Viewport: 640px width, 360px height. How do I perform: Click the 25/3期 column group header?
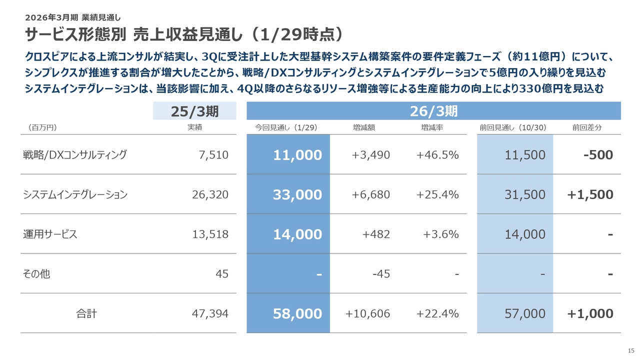195,111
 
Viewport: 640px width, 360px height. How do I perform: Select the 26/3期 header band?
433,111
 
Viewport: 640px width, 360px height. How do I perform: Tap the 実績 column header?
194,127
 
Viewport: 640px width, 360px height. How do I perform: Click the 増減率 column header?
432,127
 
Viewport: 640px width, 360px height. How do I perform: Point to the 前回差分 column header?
587,127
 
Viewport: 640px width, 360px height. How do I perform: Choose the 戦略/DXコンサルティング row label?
74,154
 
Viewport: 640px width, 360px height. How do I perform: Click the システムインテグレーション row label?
75,194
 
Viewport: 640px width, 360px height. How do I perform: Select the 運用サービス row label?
50,234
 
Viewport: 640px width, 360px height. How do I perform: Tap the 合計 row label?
86,313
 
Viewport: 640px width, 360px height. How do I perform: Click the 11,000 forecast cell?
297,155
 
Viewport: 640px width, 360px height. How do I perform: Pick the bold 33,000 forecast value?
297,194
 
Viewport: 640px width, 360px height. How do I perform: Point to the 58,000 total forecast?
297,313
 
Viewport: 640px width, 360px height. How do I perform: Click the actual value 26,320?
210,194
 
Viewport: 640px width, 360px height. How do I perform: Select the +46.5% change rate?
437,155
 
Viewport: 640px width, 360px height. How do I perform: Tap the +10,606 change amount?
367,313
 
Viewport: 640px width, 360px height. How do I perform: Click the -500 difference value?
598,155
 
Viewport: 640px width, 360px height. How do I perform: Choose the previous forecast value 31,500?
525,194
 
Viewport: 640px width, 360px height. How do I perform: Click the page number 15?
630,349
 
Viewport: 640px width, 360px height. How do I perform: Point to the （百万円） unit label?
39,127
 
